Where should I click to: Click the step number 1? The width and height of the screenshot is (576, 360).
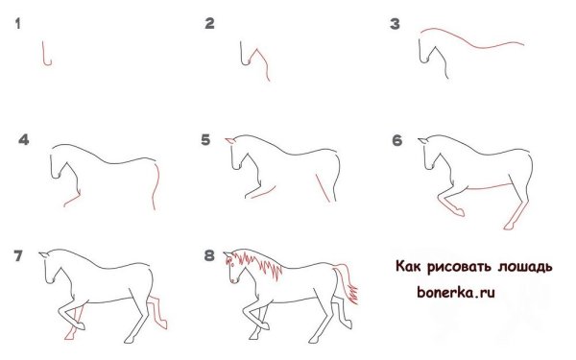(17, 24)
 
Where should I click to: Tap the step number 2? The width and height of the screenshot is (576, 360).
(209, 24)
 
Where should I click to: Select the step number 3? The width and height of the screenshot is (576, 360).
(394, 24)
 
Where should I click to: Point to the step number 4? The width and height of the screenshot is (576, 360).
(24, 140)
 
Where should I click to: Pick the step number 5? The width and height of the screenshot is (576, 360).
(205, 140)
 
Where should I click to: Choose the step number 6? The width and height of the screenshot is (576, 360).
(396, 140)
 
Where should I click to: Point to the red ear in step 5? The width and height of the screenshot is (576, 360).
(229, 142)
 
